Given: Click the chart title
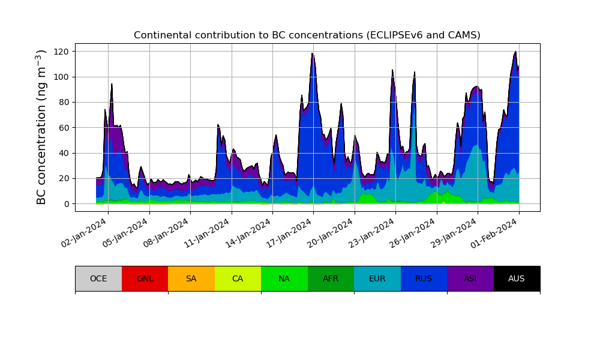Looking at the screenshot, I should click(x=307, y=35).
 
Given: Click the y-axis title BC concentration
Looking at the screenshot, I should click(x=41, y=127).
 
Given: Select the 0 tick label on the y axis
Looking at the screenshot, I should click(x=67, y=204).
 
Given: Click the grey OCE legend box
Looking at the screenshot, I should click(x=98, y=278).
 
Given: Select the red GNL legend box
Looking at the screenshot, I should click(x=145, y=278).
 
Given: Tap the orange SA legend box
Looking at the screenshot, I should click(x=191, y=278).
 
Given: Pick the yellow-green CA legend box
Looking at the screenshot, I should click(x=238, y=278).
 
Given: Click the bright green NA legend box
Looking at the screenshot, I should click(x=284, y=278).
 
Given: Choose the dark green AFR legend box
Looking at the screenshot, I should click(x=331, y=278).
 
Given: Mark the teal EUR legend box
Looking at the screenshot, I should click(x=377, y=278).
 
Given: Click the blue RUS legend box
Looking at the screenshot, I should click(x=424, y=278).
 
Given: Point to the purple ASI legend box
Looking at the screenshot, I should click(x=470, y=278).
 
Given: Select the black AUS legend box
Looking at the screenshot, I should click(x=517, y=278).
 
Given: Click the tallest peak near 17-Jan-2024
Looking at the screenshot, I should click(x=312, y=54).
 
